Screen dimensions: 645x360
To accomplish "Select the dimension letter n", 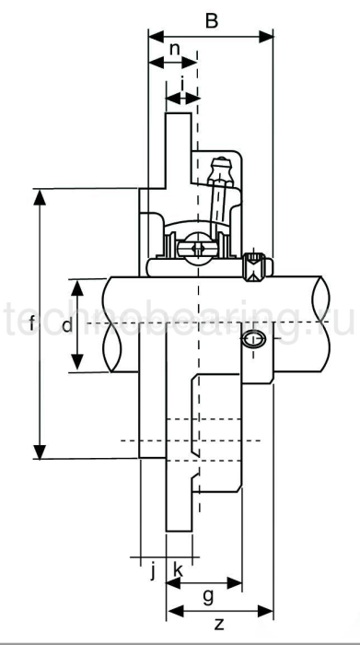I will pyautogui.click(x=172, y=49).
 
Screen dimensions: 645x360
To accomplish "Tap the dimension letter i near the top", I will pyautogui.click(x=182, y=83).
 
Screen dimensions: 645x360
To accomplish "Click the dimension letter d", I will pyautogui.click(x=65, y=324).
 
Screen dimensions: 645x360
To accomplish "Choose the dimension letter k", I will pyautogui.click(x=178, y=569).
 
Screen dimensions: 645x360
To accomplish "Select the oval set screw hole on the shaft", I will pyautogui.click(x=255, y=341).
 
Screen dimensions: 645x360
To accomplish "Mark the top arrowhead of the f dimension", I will pyautogui.click(x=40, y=194).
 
